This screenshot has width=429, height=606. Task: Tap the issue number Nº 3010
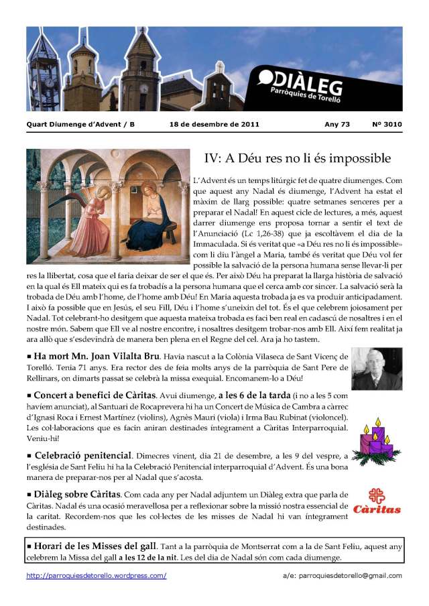pos(387,124)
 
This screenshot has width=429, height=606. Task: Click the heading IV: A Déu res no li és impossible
pos(297,158)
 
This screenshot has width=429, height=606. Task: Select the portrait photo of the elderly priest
pos(377,369)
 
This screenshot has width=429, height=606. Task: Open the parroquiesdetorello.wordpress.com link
pos(96,575)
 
